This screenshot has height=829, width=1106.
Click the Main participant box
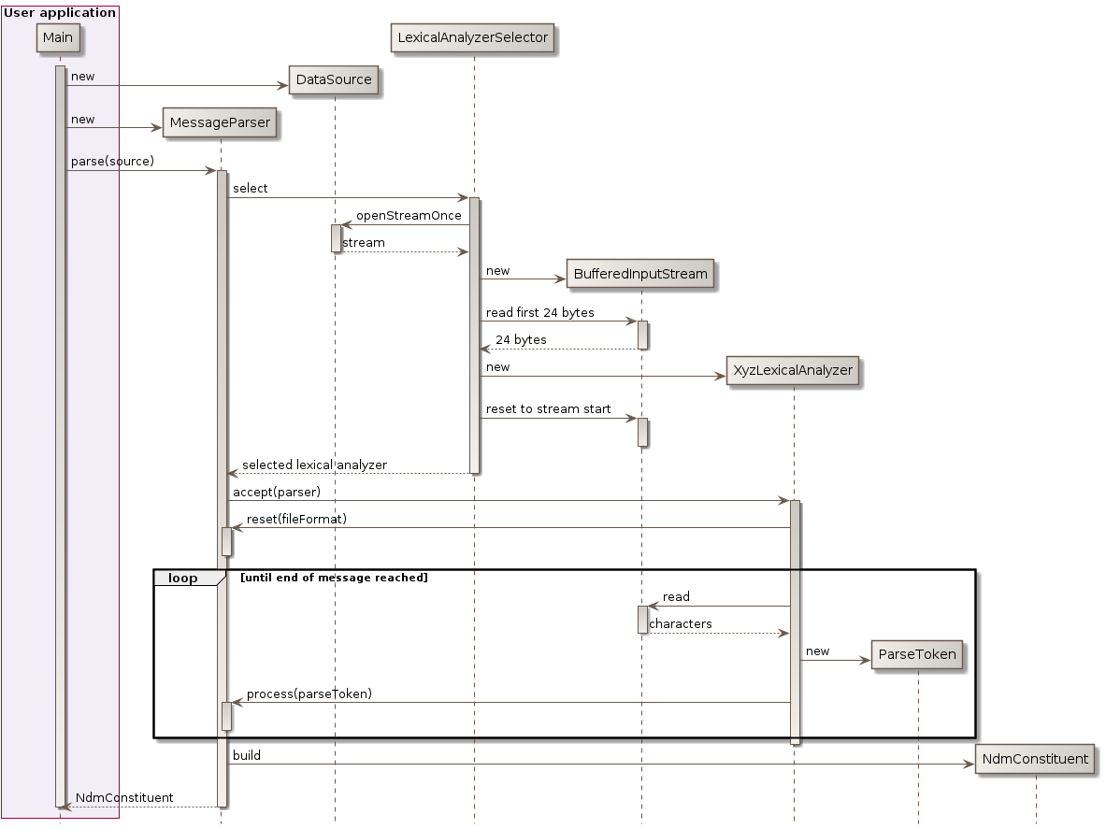point(57,36)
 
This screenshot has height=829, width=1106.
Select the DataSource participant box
point(334,80)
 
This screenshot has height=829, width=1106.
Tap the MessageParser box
point(220,122)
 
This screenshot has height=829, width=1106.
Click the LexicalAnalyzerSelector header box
point(472,37)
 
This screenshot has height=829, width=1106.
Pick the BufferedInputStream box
point(640,275)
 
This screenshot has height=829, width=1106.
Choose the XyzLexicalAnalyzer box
point(793,370)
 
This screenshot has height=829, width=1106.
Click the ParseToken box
point(917,654)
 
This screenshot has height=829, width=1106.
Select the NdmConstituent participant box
point(1035,759)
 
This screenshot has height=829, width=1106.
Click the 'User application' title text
point(60,13)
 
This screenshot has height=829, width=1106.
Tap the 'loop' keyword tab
point(183,579)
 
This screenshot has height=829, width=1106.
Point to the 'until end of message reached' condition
point(334,579)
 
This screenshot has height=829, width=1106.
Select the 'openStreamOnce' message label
point(409,216)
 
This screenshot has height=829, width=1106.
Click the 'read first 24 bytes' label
point(539,312)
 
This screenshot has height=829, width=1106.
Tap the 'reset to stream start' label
point(548,409)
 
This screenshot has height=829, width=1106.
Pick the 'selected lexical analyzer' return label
point(314,465)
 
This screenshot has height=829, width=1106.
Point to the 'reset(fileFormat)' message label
point(296,519)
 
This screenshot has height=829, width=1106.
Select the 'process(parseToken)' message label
point(309,693)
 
